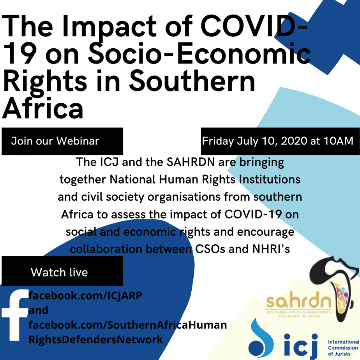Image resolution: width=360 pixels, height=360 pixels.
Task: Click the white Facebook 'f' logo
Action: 15,315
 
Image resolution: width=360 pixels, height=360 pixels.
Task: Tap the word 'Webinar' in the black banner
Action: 78,141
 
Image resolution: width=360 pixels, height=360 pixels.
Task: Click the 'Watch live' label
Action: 59,272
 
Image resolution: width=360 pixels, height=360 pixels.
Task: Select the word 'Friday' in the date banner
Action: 218,141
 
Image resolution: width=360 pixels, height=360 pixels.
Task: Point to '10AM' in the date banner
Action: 339,141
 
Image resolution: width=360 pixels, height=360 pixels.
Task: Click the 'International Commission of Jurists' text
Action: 344,348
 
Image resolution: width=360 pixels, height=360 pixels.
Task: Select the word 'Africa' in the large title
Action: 42,108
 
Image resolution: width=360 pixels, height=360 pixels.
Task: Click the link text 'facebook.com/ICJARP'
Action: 85,295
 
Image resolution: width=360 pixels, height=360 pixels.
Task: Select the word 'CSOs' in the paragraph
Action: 210,249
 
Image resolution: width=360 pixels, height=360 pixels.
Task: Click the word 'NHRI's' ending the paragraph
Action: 271,249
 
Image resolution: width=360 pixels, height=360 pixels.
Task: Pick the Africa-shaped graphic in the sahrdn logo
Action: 335,289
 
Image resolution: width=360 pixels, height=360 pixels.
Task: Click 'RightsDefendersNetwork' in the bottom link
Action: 96,340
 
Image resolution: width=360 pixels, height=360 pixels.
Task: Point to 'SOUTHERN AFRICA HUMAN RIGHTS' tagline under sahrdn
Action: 299,312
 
